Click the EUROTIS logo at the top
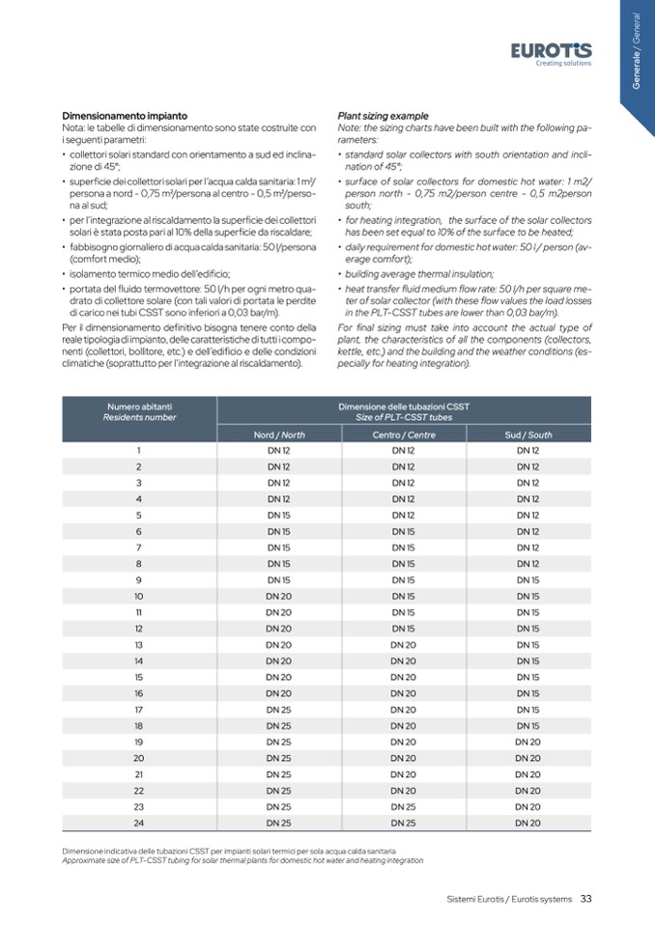coord(552,50)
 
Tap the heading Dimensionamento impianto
coord(125,116)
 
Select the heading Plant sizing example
coord(384,116)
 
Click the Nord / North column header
coord(278,435)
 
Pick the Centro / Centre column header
coord(404,435)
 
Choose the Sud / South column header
coord(528,435)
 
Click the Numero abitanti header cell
coord(140,411)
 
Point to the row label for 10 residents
coord(139,596)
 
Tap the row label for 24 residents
coord(139,822)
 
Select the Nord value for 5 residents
coord(278,515)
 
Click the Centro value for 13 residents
coord(404,644)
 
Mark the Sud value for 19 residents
coord(528,742)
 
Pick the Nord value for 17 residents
coord(278,709)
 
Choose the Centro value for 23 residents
coord(404,805)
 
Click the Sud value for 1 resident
coord(528,450)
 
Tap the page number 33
coord(586,899)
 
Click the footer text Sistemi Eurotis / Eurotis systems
coord(509,899)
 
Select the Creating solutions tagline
coord(563,64)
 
